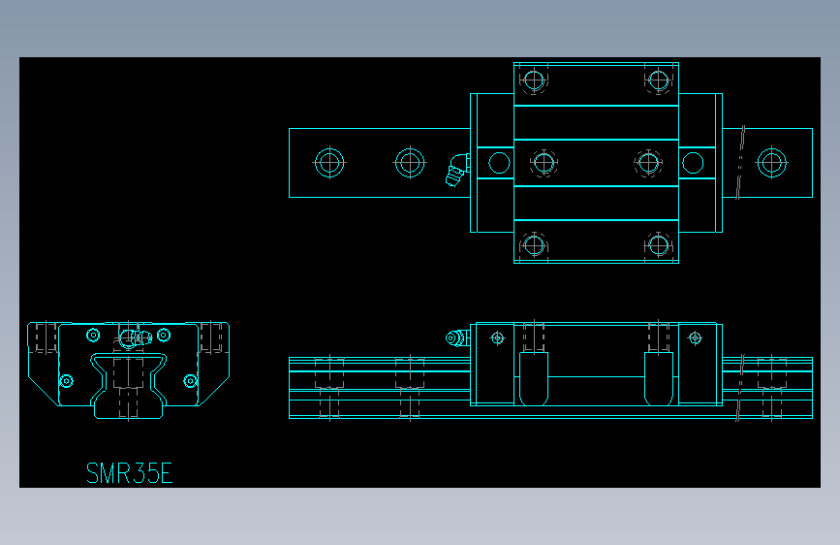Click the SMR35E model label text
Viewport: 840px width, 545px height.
tap(129, 473)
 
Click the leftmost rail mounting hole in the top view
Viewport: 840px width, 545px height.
tap(329, 162)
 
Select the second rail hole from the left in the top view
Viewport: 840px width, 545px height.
tap(410, 162)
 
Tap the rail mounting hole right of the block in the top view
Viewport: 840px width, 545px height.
tap(771, 162)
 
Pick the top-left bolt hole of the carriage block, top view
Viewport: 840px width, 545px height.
tap(533, 80)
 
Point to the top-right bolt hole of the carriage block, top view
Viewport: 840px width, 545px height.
tap(659, 80)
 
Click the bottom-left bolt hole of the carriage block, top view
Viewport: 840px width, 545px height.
tap(533, 243)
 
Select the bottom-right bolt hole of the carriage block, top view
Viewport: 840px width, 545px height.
tap(659, 243)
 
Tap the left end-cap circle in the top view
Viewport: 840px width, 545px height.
tap(499, 162)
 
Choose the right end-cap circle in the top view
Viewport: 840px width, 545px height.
tap(692, 162)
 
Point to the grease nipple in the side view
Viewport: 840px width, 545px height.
tap(453, 337)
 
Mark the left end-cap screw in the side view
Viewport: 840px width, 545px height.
tap(498, 337)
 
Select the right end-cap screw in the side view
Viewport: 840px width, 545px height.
tap(694, 337)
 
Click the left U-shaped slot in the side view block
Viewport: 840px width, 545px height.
tap(534, 378)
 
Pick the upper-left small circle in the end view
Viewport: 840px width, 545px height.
tap(93, 336)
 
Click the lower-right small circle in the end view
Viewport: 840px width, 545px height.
tap(190, 380)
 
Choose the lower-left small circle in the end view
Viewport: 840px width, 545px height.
tap(66, 380)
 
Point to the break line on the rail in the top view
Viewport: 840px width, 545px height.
tap(740, 162)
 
